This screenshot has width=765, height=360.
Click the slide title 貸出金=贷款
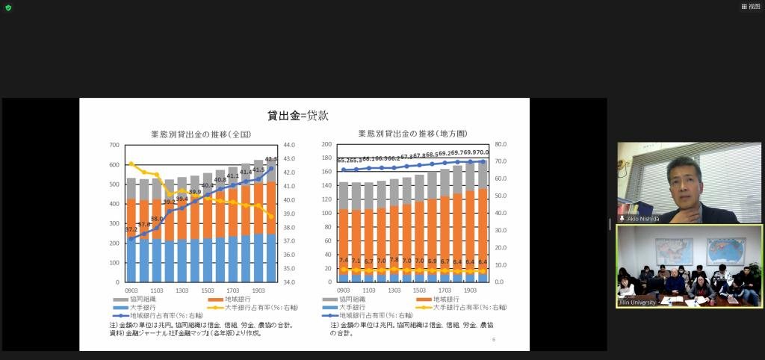coord(298,116)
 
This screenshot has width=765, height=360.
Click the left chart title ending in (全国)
coord(200,134)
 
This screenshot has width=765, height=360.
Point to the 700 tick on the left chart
coord(114,145)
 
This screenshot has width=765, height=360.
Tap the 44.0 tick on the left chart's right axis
coord(290,145)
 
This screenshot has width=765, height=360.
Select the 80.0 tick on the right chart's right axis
coord(501,145)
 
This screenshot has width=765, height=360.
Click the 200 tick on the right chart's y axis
coord(326,145)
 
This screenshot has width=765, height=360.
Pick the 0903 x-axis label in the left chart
coord(131,290)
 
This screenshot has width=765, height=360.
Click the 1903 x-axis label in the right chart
coord(470,290)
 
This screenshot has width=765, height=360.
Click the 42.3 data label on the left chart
coord(270,159)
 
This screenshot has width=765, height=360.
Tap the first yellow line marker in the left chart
coord(131,164)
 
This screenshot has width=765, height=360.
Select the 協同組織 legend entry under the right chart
coord(353,299)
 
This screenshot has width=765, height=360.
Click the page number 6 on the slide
coord(494,340)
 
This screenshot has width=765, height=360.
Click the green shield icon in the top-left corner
coord(8,7)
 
